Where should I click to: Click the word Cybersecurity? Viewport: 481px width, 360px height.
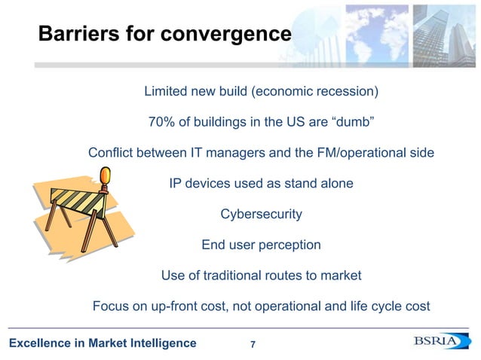tap(261, 214)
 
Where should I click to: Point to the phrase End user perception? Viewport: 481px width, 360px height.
tap(261, 245)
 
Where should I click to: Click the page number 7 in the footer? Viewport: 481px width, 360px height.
tap(253, 345)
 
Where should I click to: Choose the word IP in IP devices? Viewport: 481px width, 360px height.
tap(175, 183)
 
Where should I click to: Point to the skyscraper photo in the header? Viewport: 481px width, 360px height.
tap(445, 30)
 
